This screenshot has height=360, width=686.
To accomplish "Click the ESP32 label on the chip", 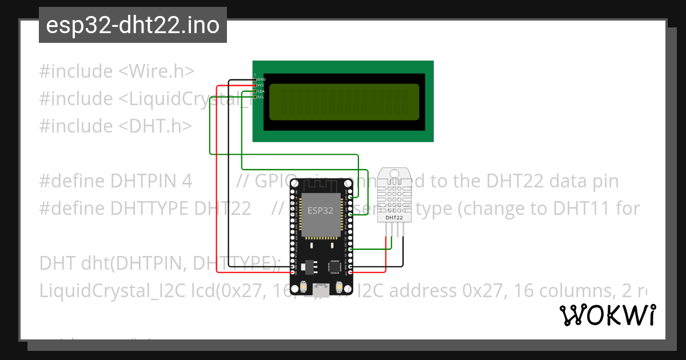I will tap(320, 210).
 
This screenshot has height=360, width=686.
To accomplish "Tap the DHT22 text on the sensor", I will tap(394, 218).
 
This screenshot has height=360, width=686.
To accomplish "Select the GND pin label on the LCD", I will tap(261, 79).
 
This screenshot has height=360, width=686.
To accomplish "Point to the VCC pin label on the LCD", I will tap(261, 85).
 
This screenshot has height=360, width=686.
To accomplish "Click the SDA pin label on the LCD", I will tap(261, 91).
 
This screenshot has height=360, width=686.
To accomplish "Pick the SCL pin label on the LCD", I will tap(261, 97).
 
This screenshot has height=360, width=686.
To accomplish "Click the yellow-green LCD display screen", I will tap(344, 102).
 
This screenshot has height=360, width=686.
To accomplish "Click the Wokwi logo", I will tap(607, 315).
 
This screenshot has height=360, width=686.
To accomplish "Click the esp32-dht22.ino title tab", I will tap(133, 25).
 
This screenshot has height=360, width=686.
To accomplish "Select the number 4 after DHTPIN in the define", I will tap(186, 181).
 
